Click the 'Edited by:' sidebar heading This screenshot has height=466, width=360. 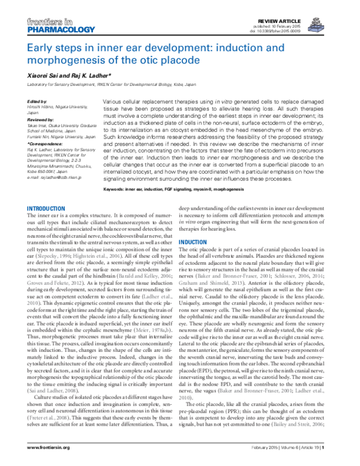pos(37,101)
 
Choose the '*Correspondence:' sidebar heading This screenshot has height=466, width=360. pos(44,143)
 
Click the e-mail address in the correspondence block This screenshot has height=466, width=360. pos(55,178)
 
